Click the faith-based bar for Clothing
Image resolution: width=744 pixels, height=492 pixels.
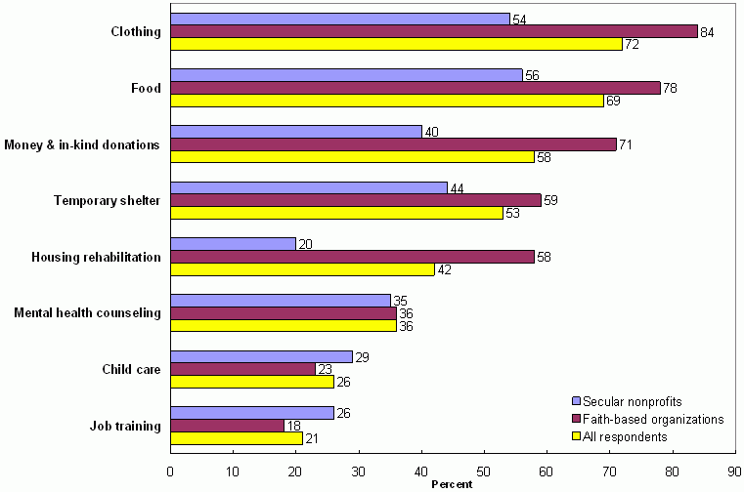point(434,31)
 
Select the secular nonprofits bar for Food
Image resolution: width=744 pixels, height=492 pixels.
point(347,75)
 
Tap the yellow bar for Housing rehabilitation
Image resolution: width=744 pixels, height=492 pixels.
point(302,269)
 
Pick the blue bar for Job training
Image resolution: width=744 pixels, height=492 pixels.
point(252,413)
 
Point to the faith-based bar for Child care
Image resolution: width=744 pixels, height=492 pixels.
point(243,369)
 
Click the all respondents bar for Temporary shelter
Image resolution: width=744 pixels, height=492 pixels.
point(336,213)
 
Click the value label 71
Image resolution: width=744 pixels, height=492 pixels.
point(626,144)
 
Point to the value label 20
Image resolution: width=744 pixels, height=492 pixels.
point(305,244)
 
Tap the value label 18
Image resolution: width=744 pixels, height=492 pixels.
point(292,426)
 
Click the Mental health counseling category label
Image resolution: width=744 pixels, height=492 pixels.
point(87,313)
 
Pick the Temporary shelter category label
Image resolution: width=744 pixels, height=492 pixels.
point(107,201)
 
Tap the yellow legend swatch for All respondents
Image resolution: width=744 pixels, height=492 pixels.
point(576,436)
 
